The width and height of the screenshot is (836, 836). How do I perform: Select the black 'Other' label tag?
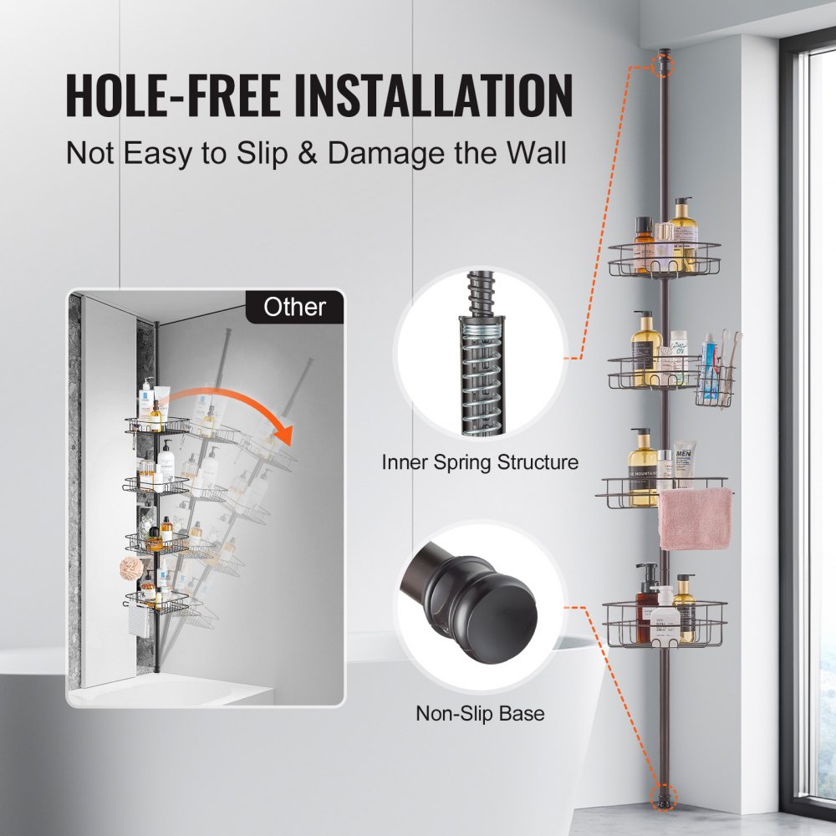294,307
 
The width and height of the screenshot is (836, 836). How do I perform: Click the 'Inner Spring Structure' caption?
480,461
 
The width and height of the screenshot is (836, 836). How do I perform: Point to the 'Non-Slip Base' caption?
480,713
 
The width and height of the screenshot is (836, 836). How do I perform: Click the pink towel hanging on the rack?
694,518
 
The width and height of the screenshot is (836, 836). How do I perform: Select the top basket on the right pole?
665,259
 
